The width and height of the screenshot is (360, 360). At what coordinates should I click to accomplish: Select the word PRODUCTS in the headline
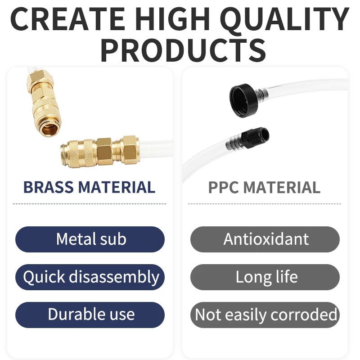click(x=183, y=50)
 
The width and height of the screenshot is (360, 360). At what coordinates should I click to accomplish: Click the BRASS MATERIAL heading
click(x=89, y=187)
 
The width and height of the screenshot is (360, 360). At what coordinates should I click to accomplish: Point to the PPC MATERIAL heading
click(x=264, y=187)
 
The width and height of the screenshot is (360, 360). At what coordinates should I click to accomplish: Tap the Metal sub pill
click(x=90, y=239)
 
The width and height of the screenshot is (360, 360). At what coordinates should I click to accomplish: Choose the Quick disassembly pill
click(x=90, y=277)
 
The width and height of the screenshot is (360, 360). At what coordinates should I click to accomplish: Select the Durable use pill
click(x=90, y=315)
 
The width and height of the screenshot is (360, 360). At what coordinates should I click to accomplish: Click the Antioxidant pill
click(x=265, y=239)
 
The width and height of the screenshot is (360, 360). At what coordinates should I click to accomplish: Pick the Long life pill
click(x=265, y=277)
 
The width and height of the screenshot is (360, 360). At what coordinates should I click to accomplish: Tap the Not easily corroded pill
click(x=265, y=315)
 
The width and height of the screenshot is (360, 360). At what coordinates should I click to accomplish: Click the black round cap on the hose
click(x=243, y=100)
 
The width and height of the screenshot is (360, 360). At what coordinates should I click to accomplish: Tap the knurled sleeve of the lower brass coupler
click(x=78, y=153)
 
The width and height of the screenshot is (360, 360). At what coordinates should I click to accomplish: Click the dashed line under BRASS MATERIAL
click(x=90, y=204)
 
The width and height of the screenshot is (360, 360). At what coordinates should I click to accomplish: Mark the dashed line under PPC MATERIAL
click(x=265, y=204)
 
